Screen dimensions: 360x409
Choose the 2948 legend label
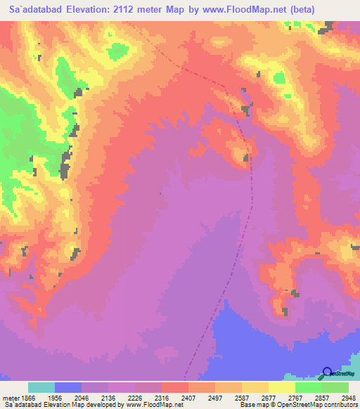coord(347,397)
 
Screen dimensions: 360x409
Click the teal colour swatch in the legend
coord(41,387)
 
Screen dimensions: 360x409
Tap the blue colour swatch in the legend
coord(68,387)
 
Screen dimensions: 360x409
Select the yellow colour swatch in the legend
coord(281,387)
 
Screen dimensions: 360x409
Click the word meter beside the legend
coord(8,397)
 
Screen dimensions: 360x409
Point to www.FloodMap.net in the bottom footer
coord(160,405)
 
